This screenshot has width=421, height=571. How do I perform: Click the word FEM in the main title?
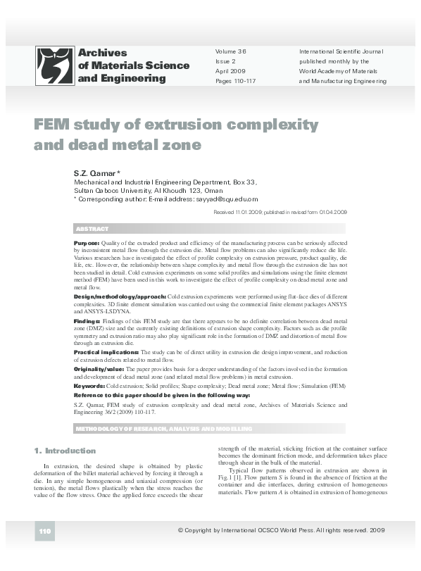[x=53, y=125]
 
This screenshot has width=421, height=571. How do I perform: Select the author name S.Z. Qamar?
[x=98, y=172]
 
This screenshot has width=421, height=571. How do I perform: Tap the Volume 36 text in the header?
[x=231, y=51]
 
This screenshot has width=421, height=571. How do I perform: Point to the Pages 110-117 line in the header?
[x=236, y=81]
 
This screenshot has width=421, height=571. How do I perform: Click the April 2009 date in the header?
[x=230, y=71]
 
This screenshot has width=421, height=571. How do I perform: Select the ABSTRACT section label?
[x=92, y=230]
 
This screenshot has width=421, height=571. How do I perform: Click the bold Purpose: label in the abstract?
[x=87, y=242]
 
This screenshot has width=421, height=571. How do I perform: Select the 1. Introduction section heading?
[x=65, y=450]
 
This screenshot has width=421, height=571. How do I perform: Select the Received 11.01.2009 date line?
[x=279, y=211]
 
